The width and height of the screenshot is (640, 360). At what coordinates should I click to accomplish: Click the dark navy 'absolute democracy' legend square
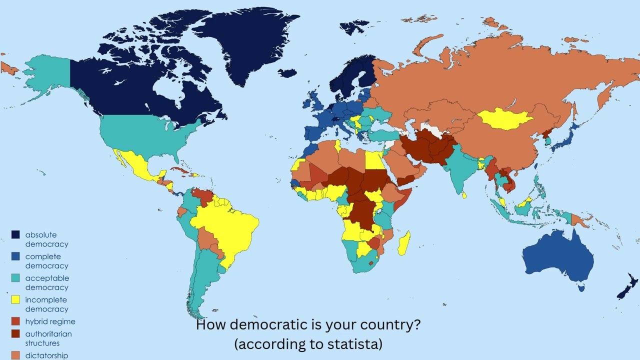tap(15, 234)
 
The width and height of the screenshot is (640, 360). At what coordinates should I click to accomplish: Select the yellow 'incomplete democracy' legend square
tap(15, 300)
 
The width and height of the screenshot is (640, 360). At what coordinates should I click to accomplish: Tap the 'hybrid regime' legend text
tap(50, 321)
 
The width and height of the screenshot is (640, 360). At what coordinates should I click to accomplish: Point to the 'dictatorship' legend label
tap(46, 355)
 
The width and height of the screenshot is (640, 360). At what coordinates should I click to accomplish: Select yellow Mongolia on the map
tap(505, 119)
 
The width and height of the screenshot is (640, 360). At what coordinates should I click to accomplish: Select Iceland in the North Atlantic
tap(287, 73)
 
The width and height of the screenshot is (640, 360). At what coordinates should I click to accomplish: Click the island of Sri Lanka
tap(464, 195)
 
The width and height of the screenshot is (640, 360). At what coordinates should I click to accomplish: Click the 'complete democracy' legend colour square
tap(15, 256)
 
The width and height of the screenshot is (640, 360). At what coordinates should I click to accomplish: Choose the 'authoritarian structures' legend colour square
tap(15, 333)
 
